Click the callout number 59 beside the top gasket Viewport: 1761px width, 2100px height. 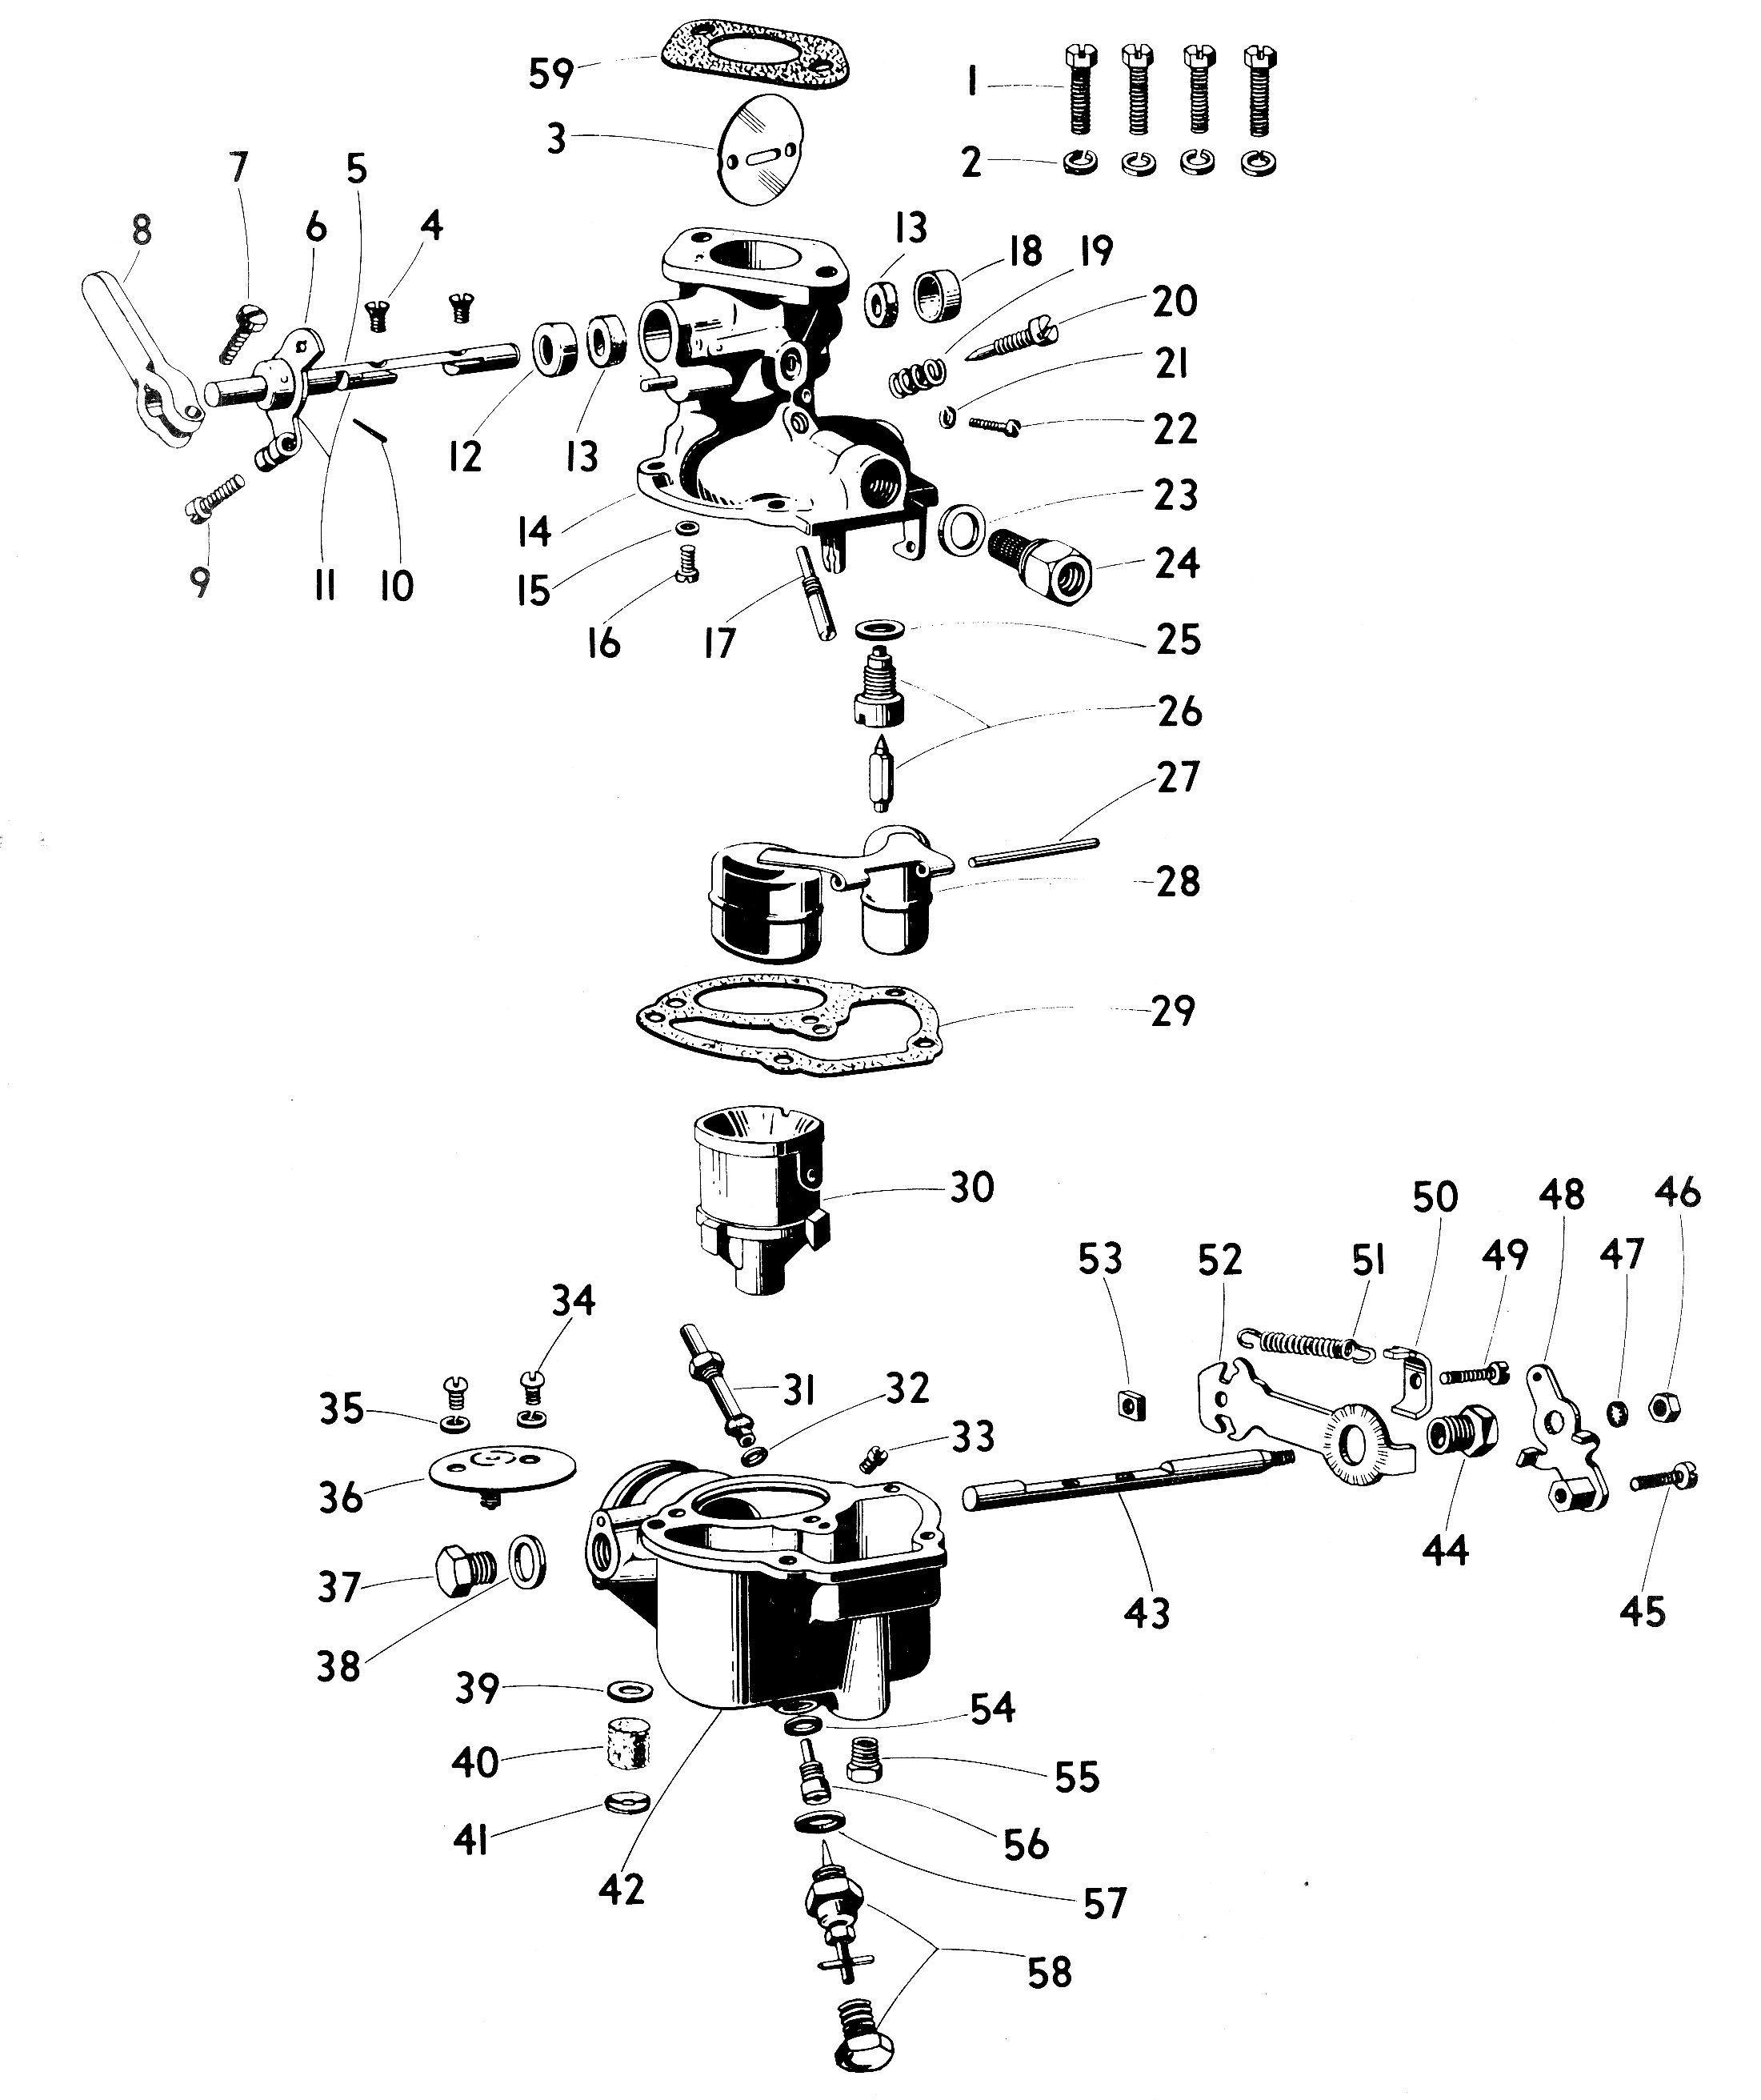pyautogui.click(x=551, y=74)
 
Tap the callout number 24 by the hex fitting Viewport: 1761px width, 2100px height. pyautogui.click(x=1176, y=563)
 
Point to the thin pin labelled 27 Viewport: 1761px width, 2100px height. pyautogui.click(x=1034, y=853)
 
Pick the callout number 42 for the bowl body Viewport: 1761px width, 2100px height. pyautogui.click(x=621, y=1888)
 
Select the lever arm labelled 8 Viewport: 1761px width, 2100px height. pyautogui.click(x=139, y=360)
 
